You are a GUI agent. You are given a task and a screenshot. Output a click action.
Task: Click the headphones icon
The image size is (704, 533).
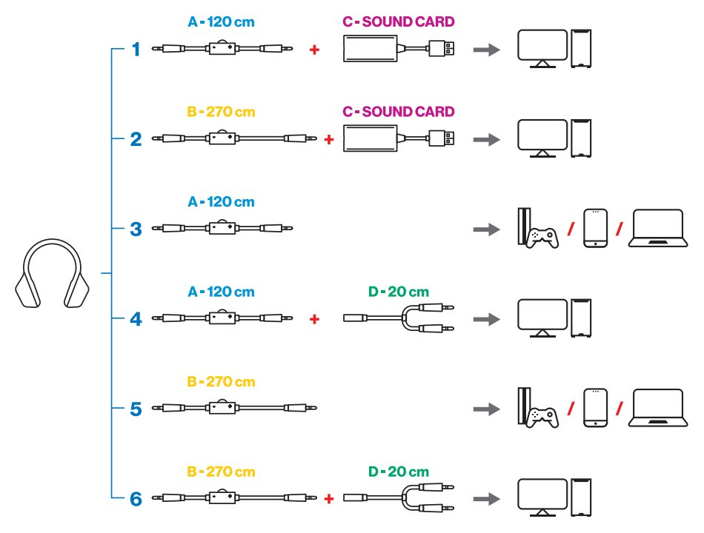point(53,274)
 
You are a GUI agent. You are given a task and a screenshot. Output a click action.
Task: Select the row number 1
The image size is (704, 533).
point(136,50)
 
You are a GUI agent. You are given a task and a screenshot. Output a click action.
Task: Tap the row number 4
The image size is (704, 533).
point(136,319)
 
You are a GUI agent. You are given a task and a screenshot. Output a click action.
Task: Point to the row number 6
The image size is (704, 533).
point(136,498)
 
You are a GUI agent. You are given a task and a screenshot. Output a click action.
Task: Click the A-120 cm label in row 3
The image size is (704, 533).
point(222,201)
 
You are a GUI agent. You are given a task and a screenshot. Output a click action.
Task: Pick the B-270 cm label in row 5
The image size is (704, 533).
point(222,382)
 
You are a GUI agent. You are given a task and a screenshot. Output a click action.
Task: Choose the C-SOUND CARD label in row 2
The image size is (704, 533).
point(398,112)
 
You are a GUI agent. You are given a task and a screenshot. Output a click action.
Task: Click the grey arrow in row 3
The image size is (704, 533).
point(485,229)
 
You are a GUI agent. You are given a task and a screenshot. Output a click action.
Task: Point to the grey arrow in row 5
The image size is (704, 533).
point(485,409)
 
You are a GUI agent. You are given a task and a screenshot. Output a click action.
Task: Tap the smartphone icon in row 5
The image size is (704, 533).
point(595,408)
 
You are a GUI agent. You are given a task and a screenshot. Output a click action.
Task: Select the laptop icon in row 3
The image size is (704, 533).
point(656,228)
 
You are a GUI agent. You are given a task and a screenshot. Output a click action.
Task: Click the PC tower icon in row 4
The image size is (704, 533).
point(582,318)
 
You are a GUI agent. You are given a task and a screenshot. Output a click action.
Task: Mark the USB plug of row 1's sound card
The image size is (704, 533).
point(442,50)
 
